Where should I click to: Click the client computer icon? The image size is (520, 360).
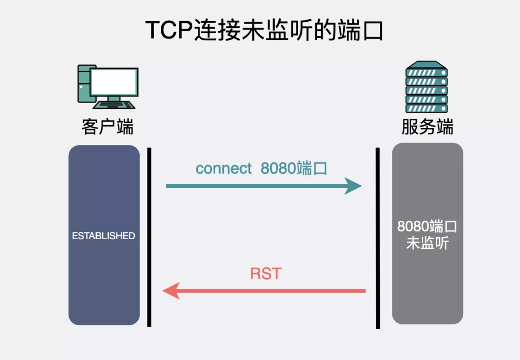click(x=108, y=87)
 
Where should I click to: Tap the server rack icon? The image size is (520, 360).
click(x=427, y=87)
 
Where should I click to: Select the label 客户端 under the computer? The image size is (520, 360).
click(x=107, y=128)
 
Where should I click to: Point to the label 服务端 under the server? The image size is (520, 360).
click(x=428, y=128)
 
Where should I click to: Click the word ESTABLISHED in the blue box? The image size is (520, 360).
click(x=104, y=236)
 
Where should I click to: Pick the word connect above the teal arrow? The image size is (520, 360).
click(x=224, y=168)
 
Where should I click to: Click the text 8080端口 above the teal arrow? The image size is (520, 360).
click(x=294, y=168)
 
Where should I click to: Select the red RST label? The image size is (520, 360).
click(x=265, y=274)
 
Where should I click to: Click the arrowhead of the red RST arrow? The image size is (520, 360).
click(x=171, y=291)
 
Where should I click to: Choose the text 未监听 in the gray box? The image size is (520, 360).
click(x=428, y=244)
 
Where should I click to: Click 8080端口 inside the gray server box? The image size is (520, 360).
click(x=428, y=227)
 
